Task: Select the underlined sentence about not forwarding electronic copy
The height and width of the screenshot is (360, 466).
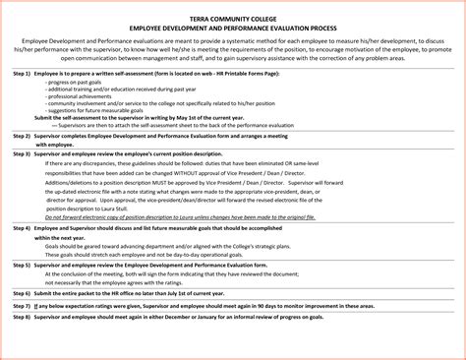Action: (172, 244)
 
